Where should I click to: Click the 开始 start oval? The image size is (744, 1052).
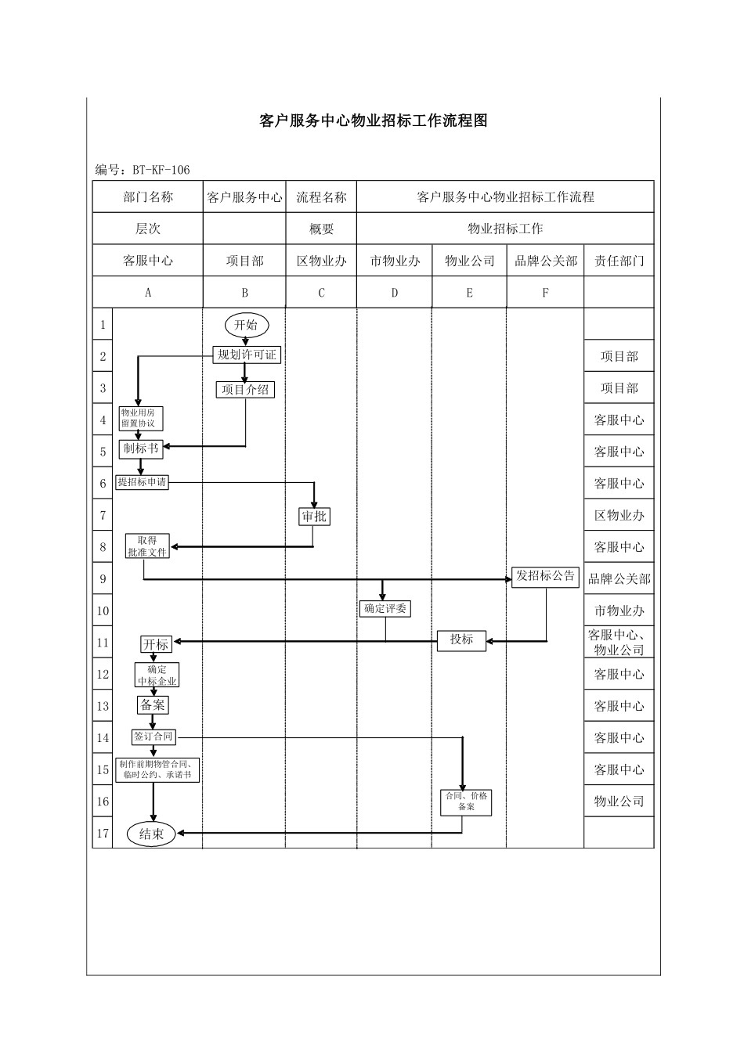click(x=246, y=324)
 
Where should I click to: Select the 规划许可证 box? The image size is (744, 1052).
click(x=246, y=355)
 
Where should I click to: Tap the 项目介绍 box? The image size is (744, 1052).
click(x=246, y=389)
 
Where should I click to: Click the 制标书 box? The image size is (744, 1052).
click(x=141, y=449)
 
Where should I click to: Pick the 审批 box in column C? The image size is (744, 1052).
click(x=314, y=517)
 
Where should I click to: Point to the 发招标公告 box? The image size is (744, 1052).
click(x=545, y=577)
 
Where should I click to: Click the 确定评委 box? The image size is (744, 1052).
click(x=385, y=608)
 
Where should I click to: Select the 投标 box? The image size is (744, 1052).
click(x=461, y=640)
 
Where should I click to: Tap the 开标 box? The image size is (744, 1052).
click(x=155, y=644)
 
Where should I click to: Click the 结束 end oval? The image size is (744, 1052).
click(x=152, y=834)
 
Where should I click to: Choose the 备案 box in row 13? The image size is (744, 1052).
click(x=153, y=705)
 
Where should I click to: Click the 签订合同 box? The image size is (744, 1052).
click(x=153, y=737)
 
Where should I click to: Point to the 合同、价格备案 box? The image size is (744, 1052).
click(x=466, y=802)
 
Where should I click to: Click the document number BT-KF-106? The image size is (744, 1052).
click(x=161, y=169)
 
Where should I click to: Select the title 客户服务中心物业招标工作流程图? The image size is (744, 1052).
click(x=373, y=121)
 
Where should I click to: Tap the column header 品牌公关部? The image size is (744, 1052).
click(x=546, y=261)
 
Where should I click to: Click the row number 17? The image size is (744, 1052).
click(x=103, y=833)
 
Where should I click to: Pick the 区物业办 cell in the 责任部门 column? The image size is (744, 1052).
click(x=619, y=515)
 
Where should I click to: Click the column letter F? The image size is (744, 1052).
click(x=546, y=293)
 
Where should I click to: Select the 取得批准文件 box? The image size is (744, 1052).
click(x=146, y=546)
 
